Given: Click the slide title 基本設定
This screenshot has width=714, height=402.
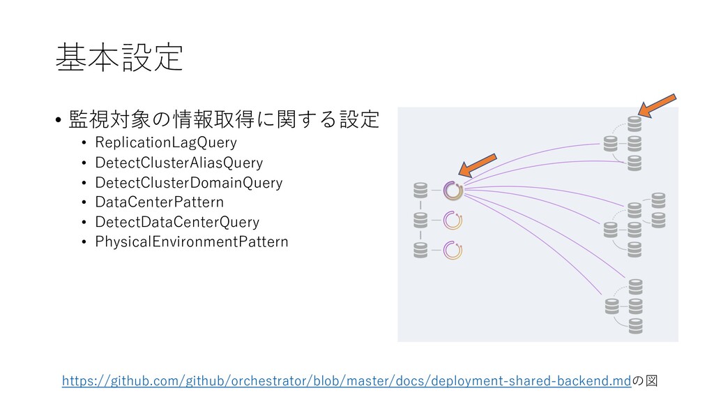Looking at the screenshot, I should pos(119,58).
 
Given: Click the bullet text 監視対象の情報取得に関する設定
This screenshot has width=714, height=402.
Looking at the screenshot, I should pos(223,120).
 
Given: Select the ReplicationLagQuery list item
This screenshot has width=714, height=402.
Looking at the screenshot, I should pos(166,143).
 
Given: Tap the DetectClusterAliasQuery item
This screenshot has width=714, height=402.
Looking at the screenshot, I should pos(178,163).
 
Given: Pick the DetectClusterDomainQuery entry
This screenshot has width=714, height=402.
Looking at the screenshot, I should pos(188,183).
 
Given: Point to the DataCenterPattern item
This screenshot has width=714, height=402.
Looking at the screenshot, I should pos(159,202).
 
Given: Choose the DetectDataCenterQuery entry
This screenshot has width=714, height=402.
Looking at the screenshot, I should pos(177,222).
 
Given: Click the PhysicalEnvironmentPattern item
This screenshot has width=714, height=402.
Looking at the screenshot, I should pos(191,242).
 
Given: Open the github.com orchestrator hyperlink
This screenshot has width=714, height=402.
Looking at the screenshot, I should pos(346,380).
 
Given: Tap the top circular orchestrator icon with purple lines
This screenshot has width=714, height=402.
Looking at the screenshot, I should pos(453,190).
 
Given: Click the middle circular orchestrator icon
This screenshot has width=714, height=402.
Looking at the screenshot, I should pos(453,220).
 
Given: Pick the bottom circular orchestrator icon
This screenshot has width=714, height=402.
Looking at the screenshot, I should pos(453,250).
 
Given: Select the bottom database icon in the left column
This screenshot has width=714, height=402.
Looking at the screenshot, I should pos(420,249).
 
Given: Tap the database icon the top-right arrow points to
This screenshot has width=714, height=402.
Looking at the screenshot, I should pos(634,124).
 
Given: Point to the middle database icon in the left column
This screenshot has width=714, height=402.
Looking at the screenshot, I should pos(420,219).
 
